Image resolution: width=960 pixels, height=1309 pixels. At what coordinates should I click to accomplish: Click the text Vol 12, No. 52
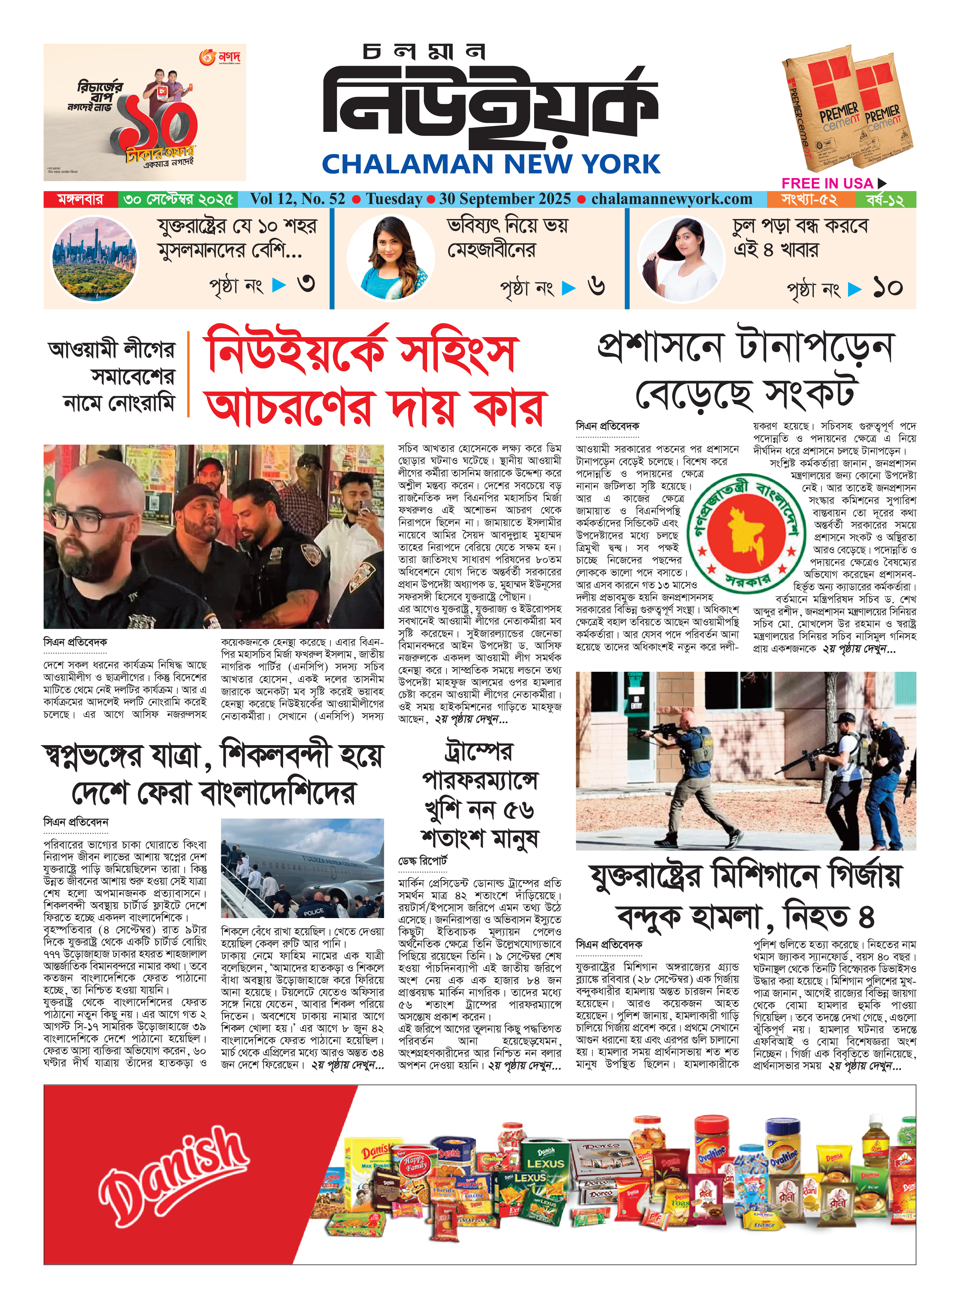297,199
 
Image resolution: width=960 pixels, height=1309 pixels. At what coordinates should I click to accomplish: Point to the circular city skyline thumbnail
95,258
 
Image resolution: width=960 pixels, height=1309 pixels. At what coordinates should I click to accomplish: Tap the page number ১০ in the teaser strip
887,288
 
